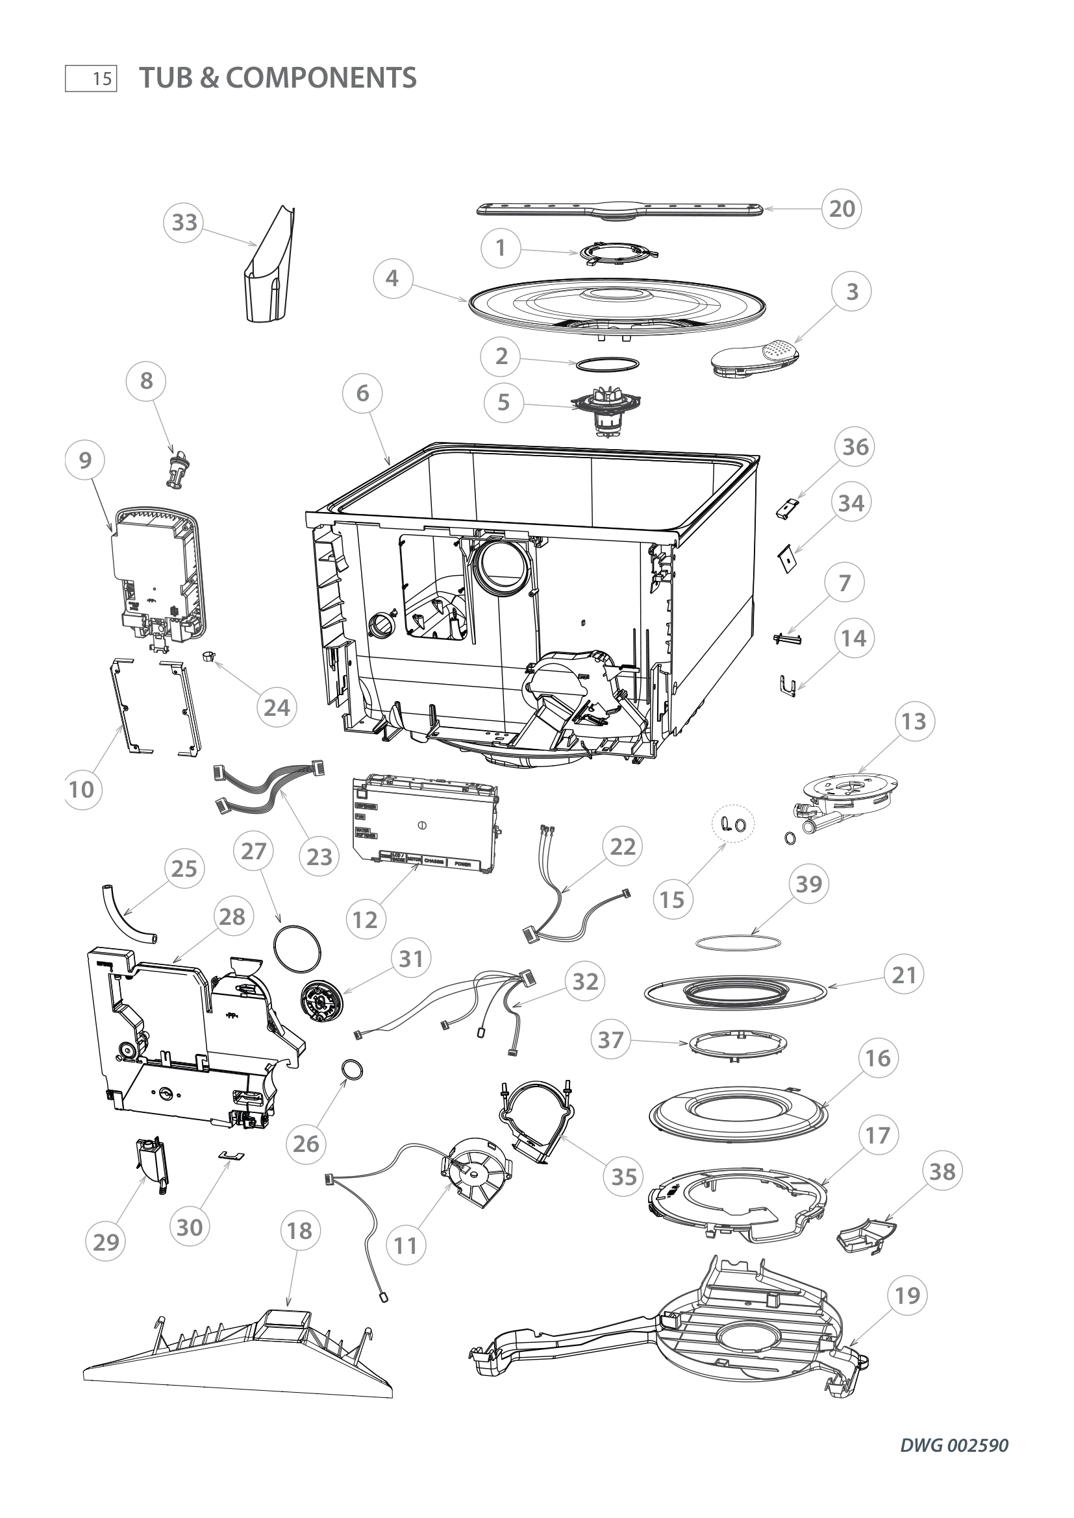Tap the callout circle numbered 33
click(184, 223)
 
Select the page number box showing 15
click(92, 79)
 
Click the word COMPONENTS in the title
click(321, 78)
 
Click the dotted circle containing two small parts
click(732, 824)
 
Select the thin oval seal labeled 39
click(739, 942)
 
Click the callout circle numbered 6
click(362, 394)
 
